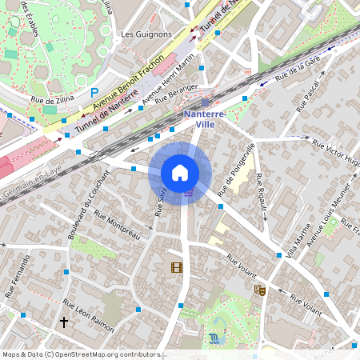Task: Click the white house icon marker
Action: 180,173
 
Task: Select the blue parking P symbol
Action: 94,93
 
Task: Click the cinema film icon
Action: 176,267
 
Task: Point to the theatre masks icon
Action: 259,290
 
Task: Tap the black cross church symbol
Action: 64,322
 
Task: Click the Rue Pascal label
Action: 308,94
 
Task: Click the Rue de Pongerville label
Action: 236,170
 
